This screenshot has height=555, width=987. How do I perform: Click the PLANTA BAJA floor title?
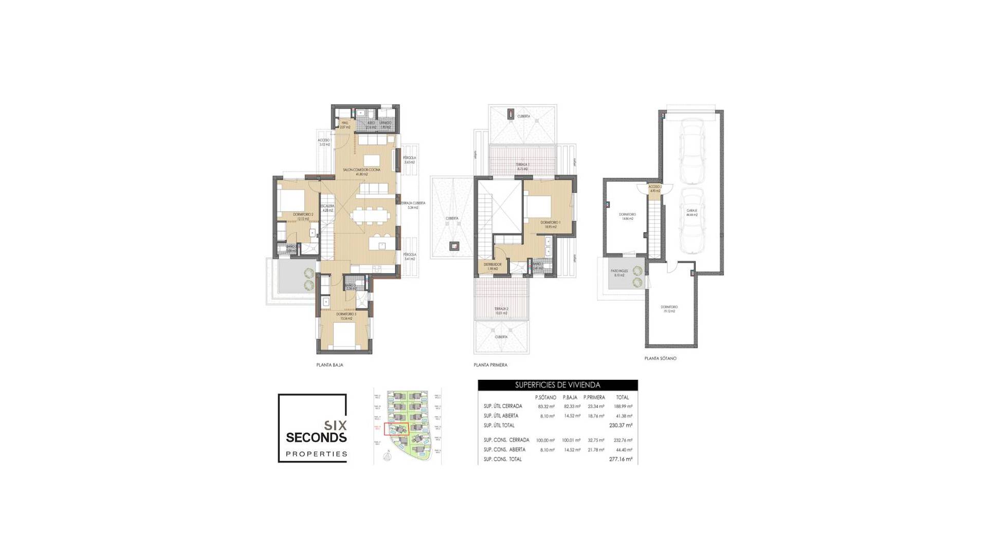click(x=330, y=365)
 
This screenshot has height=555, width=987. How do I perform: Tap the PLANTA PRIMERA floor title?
click(x=490, y=365)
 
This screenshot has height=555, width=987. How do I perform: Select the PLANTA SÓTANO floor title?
click(x=660, y=358)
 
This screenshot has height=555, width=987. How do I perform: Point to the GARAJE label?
click(x=691, y=211)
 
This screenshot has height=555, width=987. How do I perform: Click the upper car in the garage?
click(x=691, y=152)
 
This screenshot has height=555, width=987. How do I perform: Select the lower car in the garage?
click(x=691, y=221)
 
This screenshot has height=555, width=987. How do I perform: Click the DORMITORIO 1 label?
click(x=550, y=223)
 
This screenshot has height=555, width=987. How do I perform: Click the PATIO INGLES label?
click(x=619, y=271)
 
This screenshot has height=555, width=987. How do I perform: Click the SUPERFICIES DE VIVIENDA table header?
click(x=558, y=385)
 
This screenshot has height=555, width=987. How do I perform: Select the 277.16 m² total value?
click(x=620, y=459)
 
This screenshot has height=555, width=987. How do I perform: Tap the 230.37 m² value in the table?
click(x=620, y=425)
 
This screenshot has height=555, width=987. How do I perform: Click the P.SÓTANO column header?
click(x=545, y=397)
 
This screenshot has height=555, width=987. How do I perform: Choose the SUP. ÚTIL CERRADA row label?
click(x=503, y=406)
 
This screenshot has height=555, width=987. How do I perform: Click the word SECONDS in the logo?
click(x=316, y=437)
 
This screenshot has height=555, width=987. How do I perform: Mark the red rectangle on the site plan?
click(x=396, y=429)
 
